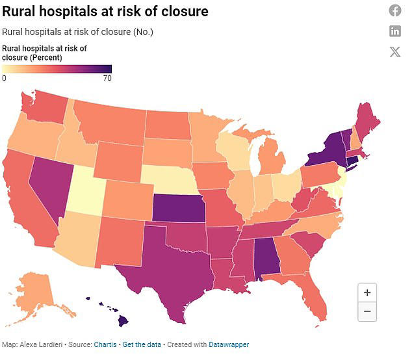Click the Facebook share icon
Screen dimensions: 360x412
coord(395,10)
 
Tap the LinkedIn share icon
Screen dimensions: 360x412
coord(395,31)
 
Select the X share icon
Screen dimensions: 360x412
coord(395,52)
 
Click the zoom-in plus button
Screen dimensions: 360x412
coord(367,293)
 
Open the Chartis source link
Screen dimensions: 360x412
coord(105,344)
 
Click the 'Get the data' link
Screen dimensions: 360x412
coord(142,344)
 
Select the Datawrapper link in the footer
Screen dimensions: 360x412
coord(227,344)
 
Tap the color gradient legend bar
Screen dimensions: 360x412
coord(57,69)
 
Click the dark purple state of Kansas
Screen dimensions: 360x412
coord(176,209)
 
